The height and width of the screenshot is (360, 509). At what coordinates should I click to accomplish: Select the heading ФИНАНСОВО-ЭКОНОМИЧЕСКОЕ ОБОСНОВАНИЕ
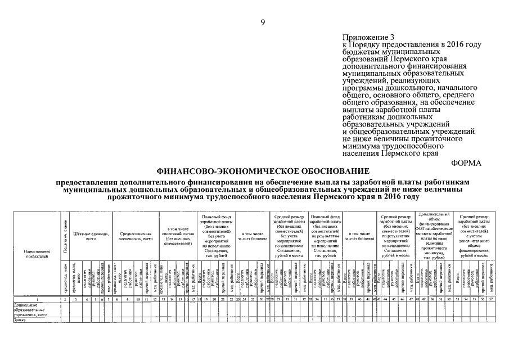tap(263, 170)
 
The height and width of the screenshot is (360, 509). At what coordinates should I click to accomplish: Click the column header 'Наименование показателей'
tap(37, 253)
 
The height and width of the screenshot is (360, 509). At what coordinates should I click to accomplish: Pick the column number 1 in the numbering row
tap(37, 300)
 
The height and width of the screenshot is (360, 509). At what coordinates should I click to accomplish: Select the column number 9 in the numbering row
tap(129, 300)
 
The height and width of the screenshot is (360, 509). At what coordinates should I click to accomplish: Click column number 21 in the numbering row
tap(223, 300)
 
